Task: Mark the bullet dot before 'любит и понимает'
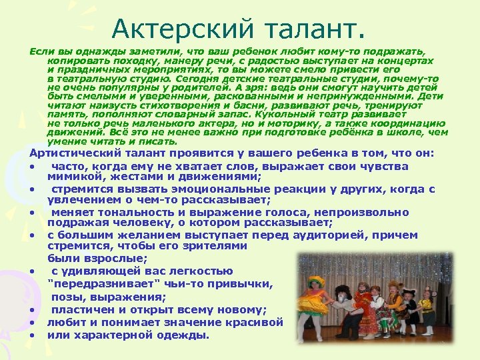click(32, 323)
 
